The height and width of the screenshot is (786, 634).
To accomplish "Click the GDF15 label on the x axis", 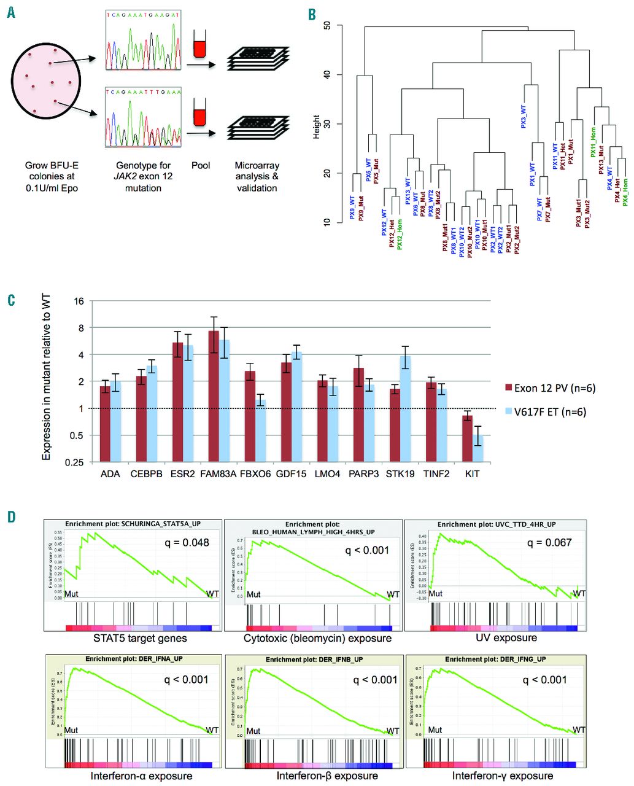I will pos(291,474).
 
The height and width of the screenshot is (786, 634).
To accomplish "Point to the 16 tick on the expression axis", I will pos(79,301).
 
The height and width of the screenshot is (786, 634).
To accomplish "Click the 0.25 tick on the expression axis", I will pos(74,462).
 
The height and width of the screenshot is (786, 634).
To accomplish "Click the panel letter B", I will pos(312,13).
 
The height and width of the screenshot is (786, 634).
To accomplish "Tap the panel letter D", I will pos(12,516).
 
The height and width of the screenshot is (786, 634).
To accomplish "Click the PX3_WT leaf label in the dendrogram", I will pos(524,116).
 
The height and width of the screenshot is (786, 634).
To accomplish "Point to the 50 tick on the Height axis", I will pos(327,26).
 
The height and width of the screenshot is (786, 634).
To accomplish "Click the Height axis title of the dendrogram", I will pos(317,126).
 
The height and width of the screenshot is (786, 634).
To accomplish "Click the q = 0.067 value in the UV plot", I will pos(549,542).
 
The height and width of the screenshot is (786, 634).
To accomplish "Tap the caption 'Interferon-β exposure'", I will pos(327,776).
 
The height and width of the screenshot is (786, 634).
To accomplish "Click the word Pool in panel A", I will pos(201,165).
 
